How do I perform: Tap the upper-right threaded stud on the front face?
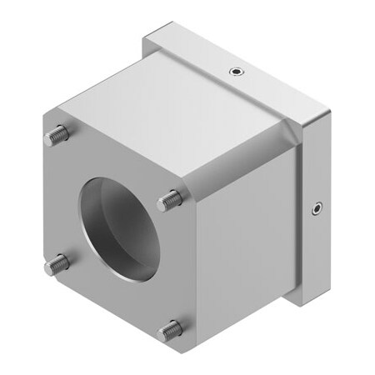(170, 198)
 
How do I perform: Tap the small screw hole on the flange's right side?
(317, 207)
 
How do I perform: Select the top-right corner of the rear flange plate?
(327, 119)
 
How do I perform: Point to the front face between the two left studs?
(58, 200)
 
